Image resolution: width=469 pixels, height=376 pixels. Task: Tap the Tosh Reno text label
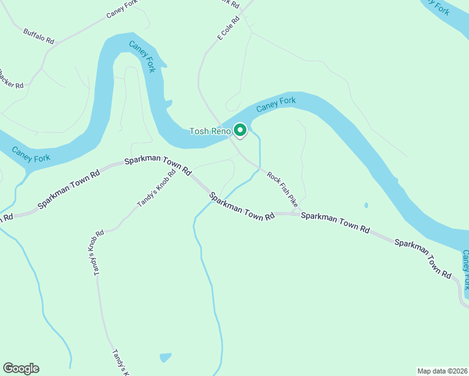(x=211, y=131)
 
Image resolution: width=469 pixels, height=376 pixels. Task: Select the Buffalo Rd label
(x=39, y=36)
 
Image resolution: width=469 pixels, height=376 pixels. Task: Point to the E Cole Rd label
(x=229, y=29)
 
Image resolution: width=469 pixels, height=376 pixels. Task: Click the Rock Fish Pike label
(x=282, y=189)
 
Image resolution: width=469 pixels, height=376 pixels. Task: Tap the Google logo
(x=21, y=368)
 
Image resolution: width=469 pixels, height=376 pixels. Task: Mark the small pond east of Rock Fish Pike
(x=366, y=205)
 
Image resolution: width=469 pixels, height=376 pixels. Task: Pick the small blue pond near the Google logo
(x=165, y=357)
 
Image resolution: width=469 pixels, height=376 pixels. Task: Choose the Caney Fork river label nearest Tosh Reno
(x=275, y=105)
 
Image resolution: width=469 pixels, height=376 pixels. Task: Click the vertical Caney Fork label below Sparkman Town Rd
(x=465, y=269)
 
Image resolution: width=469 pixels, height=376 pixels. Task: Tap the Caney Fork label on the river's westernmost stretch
(x=31, y=154)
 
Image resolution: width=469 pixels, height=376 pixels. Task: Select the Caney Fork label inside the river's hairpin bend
(x=142, y=56)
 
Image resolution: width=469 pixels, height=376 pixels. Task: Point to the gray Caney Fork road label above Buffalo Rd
(x=122, y=8)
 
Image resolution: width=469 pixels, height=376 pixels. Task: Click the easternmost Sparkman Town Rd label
(x=423, y=258)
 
